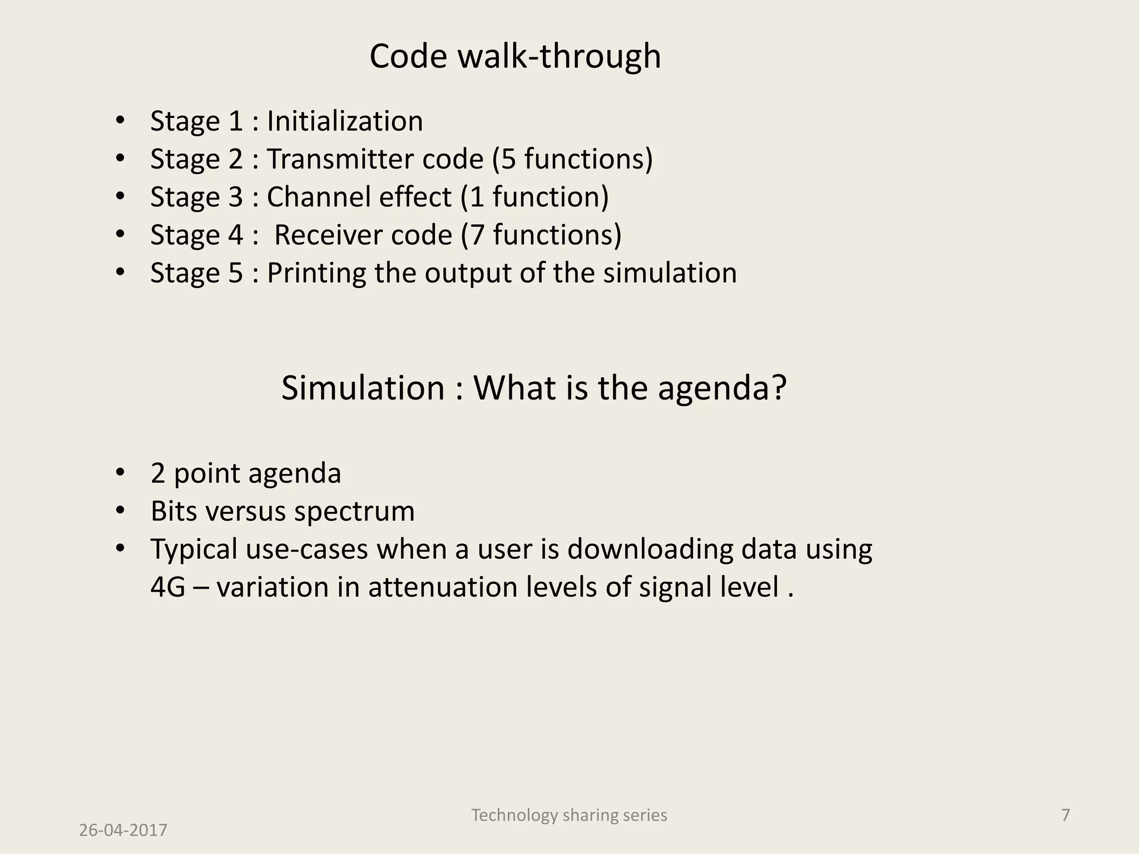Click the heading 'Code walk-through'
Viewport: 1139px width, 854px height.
point(515,57)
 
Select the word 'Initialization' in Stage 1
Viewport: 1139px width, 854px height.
point(345,121)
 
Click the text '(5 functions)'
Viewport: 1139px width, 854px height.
point(572,159)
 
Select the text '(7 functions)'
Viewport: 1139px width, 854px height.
point(541,235)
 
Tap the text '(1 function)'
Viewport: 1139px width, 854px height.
point(534,197)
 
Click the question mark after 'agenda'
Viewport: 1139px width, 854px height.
point(779,388)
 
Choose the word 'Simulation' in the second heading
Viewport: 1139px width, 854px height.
point(363,388)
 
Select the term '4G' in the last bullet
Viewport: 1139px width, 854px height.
point(167,587)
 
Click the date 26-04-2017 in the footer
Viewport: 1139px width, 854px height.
point(123,830)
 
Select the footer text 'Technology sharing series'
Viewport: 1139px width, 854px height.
point(569,815)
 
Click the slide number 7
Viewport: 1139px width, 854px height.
point(1065,815)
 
